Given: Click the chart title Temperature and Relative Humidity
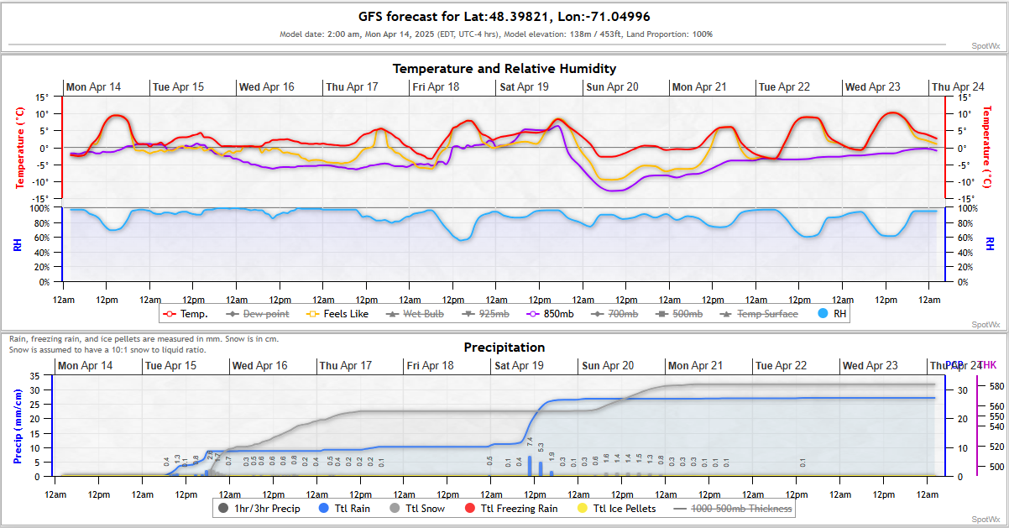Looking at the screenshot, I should [504, 69].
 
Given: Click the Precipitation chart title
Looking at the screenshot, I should [504, 348].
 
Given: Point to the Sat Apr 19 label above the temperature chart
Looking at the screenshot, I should [524, 87].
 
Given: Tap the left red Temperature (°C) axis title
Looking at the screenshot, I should [18, 148].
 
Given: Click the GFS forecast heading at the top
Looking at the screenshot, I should [504, 17].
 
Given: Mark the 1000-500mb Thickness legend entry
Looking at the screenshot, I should [735, 508].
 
